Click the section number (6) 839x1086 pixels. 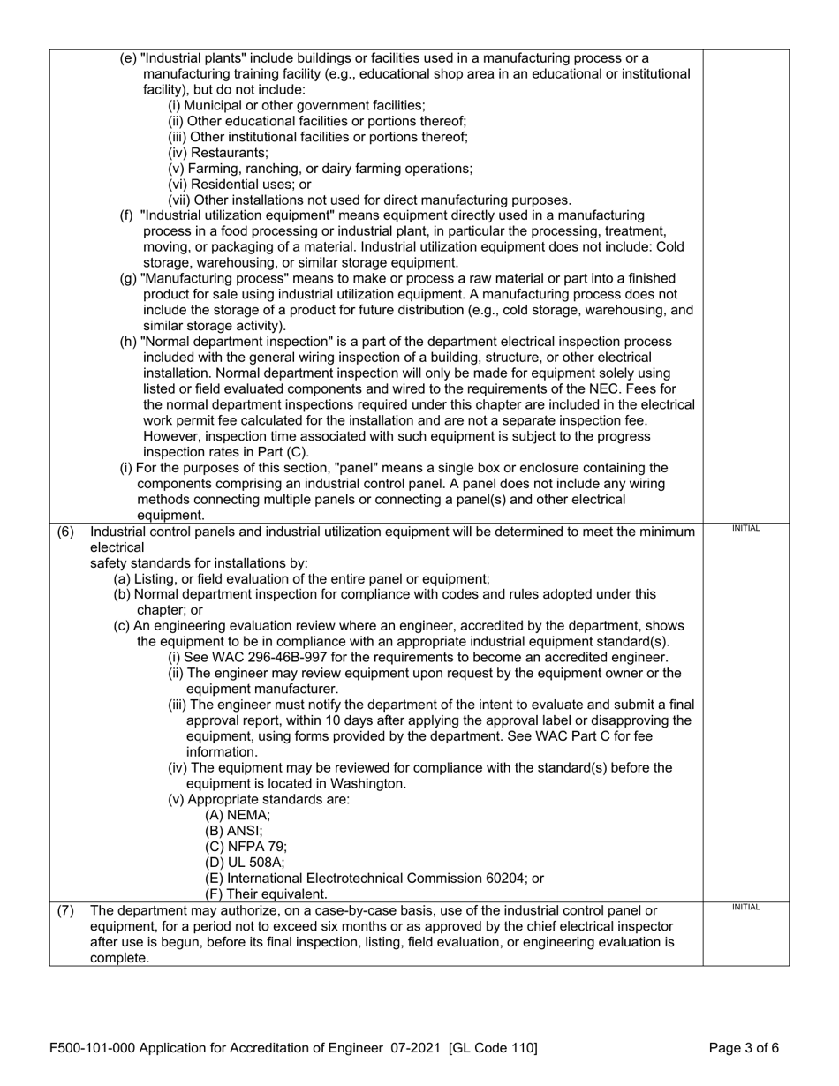click(x=64, y=532)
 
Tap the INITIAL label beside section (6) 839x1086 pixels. click(x=745, y=528)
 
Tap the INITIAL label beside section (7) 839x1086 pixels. click(x=745, y=907)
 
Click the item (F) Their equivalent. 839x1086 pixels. click(x=253, y=894)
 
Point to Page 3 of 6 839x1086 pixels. click(x=744, y=1049)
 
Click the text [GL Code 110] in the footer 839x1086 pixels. click(x=493, y=1049)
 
